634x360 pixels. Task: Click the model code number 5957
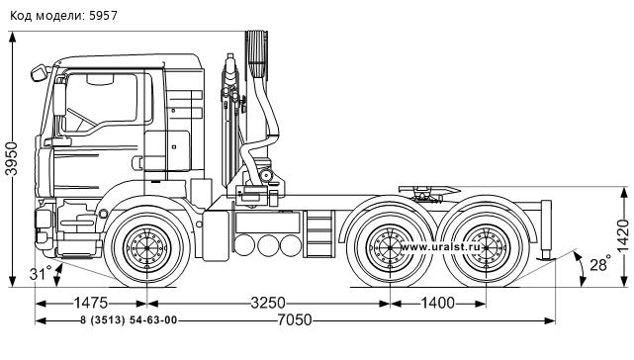point(103,16)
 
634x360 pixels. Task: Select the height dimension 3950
point(12,158)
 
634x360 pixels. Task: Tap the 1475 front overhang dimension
point(91,303)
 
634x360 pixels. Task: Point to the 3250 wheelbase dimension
point(268,303)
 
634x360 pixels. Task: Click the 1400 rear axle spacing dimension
point(438,303)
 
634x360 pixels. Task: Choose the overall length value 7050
point(295,320)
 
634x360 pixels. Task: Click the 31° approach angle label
point(41,273)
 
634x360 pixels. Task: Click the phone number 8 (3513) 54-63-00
point(129,320)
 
